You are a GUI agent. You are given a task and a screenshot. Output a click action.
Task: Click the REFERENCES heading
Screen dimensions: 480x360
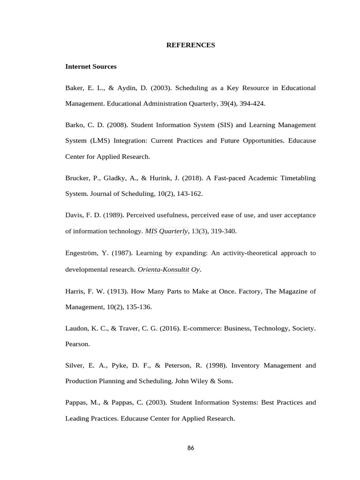191,45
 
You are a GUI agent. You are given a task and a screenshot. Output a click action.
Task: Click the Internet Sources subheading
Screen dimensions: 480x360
91,67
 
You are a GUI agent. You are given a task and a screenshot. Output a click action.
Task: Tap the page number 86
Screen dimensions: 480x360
190,448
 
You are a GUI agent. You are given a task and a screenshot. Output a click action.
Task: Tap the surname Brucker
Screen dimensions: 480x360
77,178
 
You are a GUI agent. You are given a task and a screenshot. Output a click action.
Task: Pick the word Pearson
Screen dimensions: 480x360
77,344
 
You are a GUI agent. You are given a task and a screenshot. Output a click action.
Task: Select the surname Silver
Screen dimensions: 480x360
75,365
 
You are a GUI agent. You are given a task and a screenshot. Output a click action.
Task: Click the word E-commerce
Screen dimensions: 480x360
186,328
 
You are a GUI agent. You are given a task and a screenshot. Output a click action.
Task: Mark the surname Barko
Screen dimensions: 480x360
75,125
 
